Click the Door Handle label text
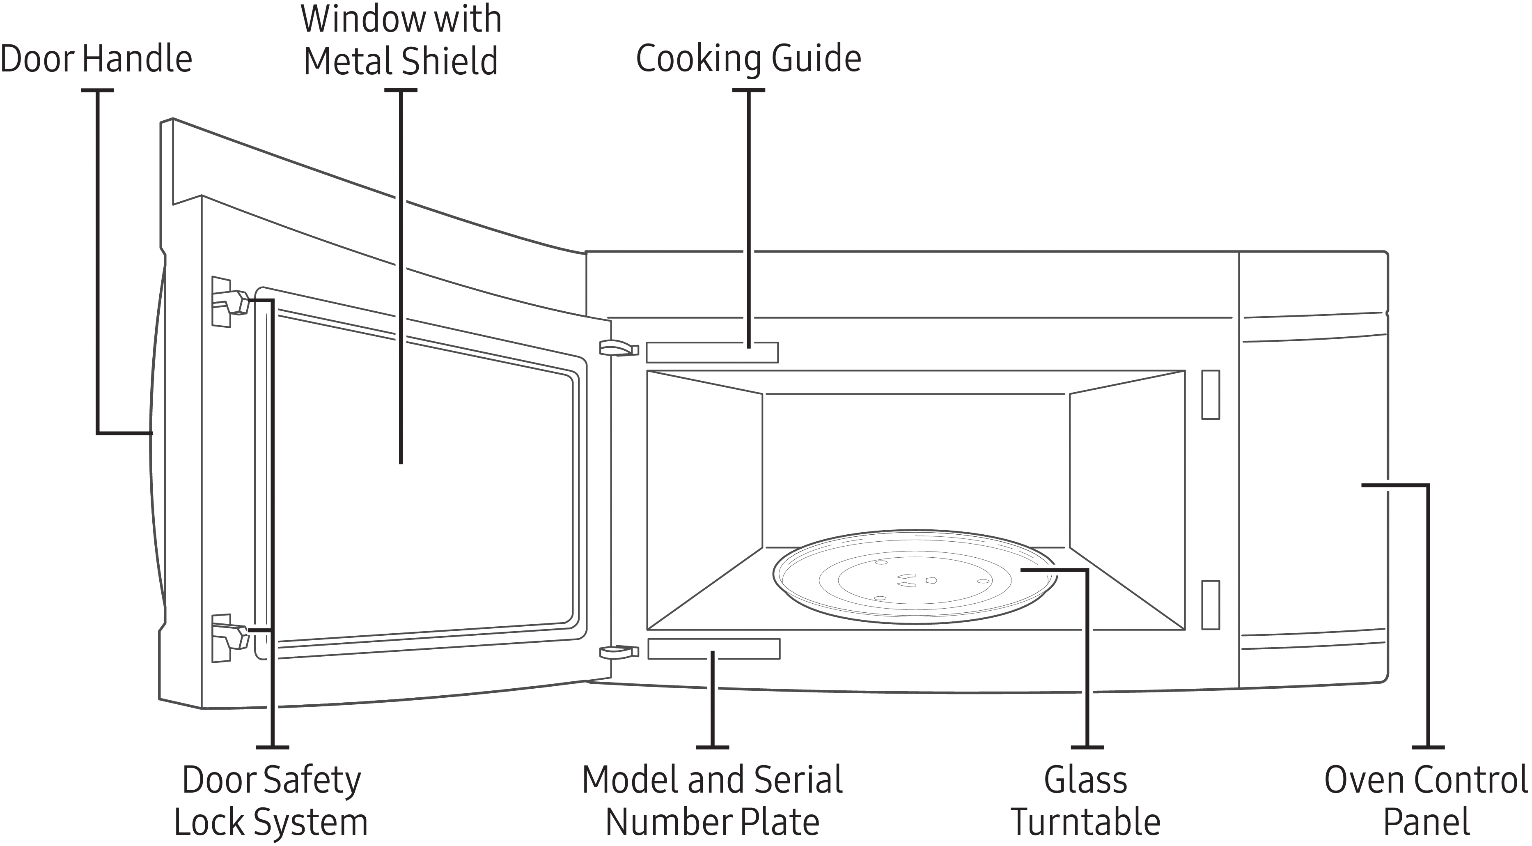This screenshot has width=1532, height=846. pyautogui.click(x=96, y=60)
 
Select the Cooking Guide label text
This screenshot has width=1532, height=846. pyautogui.click(x=748, y=59)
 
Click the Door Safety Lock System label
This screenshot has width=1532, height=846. pyautogui.click(x=271, y=800)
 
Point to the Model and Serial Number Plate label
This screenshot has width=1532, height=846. pyautogui.click(x=712, y=800)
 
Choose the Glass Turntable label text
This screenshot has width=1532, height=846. pyautogui.click(x=1086, y=800)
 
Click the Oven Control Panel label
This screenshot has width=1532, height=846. pyautogui.click(x=1426, y=800)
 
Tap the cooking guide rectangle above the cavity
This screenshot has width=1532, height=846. pyautogui.click(x=712, y=352)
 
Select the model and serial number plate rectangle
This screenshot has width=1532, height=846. pyautogui.click(x=714, y=648)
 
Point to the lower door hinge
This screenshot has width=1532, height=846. pyautogui.click(x=619, y=652)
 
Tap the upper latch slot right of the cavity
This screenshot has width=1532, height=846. pyautogui.click(x=1210, y=394)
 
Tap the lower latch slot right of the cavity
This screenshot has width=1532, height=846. pyautogui.click(x=1210, y=605)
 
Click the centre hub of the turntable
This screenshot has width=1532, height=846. pyautogui.click(x=916, y=580)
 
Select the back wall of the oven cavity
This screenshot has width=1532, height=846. pyautogui.click(x=916, y=470)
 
